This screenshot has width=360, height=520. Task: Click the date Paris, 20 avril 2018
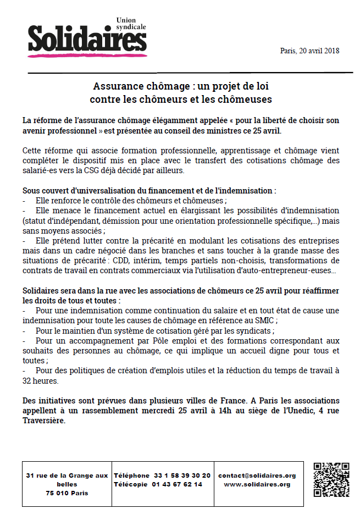(309, 51)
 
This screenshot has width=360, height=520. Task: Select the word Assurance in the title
(115, 87)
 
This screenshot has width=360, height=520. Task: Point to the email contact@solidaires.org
(257, 475)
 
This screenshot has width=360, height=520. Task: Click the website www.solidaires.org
(257, 484)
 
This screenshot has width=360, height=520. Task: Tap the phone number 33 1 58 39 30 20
(182, 475)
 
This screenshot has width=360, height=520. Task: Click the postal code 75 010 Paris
(67, 493)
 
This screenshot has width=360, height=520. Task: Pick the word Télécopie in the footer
(131, 484)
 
